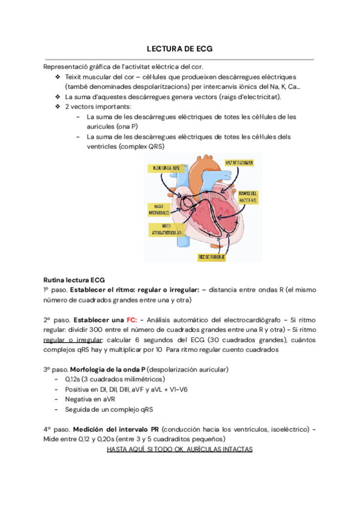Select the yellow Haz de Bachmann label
point(239,163)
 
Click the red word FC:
point(132,321)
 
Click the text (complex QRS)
point(142,146)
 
